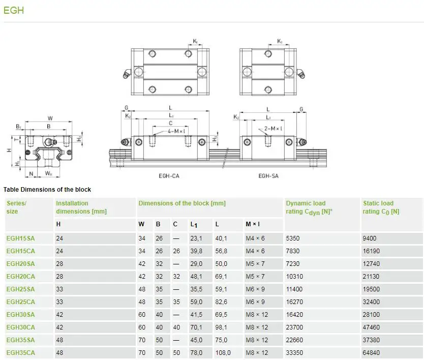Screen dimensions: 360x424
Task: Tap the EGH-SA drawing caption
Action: [x=268, y=176]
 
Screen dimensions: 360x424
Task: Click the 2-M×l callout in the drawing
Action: [x=274, y=129]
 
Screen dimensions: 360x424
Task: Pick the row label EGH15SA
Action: [x=21, y=238]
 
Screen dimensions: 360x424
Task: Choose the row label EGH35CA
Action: [x=21, y=352]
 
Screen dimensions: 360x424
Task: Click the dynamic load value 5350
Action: [x=293, y=238]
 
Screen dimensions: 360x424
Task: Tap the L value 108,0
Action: [x=224, y=352]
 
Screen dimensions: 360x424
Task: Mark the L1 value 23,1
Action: [x=196, y=238]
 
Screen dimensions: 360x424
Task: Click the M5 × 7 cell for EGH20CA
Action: [x=255, y=276]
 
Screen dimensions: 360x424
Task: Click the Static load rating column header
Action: [x=381, y=207]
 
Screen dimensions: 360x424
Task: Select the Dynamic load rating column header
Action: [x=309, y=207]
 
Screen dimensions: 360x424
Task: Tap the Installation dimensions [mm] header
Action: [x=81, y=207]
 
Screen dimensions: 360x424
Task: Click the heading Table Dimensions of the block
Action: [x=47, y=190]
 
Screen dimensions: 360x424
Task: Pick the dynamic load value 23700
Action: [x=295, y=327]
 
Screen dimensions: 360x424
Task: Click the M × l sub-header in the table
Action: [x=253, y=224]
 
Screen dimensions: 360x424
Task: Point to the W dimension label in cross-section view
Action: [x=50, y=118]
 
